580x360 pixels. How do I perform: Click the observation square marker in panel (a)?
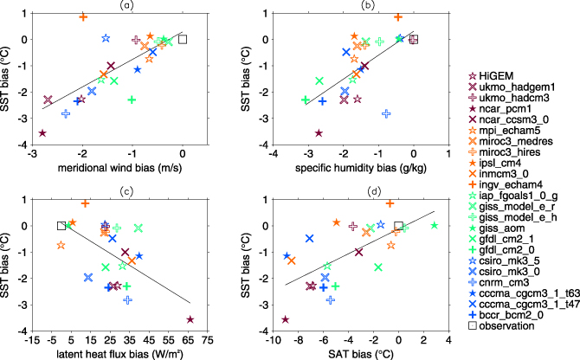(x=183, y=39)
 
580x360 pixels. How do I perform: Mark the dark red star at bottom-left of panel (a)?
(x=42, y=132)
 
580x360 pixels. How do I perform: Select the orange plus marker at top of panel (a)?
(x=83, y=17)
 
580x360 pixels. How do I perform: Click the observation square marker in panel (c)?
(x=61, y=225)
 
